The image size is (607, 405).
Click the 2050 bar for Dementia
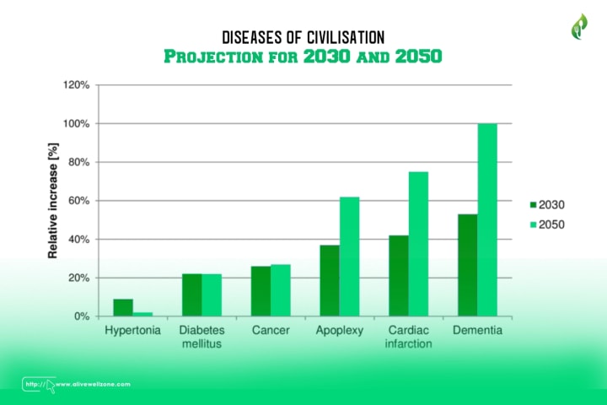pos(487,219)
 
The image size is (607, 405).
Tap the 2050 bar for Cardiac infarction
pos(418,244)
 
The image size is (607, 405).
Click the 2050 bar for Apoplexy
pos(349,256)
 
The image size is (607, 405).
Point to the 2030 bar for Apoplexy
pos(330,280)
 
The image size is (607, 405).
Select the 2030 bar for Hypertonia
pos(123,307)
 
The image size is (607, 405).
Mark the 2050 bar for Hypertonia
pos(142,314)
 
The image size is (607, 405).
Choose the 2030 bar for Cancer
pos(261,291)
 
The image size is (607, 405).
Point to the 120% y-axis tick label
pos(76,85)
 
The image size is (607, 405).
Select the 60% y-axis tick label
pos(78,201)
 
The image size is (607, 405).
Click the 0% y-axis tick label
pos(82,316)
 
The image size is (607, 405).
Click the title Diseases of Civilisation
pos(303,37)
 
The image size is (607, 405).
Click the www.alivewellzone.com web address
pos(94,384)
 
